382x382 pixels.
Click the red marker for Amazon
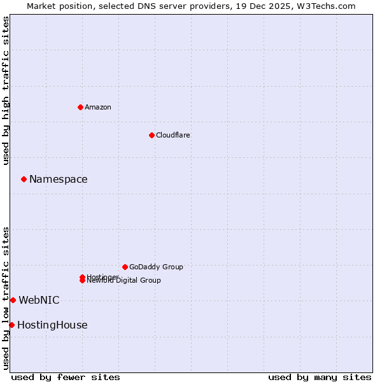(x=80, y=107)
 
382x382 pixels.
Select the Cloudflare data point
(x=152, y=135)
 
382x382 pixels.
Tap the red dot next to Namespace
(x=24, y=179)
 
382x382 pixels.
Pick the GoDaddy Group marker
(x=125, y=267)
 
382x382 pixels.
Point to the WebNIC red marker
(x=13, y=300)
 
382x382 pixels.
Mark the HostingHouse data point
(x=11, y=325)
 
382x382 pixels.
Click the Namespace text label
(x=59, y=180)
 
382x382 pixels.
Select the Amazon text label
(x=98, y=107)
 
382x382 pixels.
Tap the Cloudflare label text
(x=173, y=135)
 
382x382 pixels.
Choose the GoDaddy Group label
(x=156, y=267)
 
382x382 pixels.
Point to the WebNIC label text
(x=39, y=300)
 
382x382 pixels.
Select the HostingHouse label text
(x=52, y=325)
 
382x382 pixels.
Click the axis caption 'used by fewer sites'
(x=66, y=377)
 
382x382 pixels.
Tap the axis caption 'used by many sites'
(x=320, y=377)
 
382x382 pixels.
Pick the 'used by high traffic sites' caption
(x=6, y=90)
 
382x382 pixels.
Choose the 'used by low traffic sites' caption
(x=6, y=298)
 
